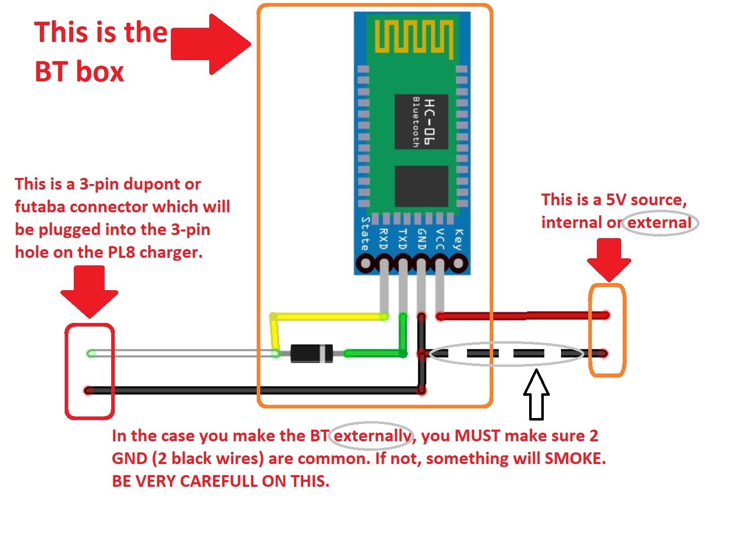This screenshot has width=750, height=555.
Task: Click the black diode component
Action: pyautogui.click(x=311, y=353)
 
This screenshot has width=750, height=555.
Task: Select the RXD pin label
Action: pyautogui.click(x=384, y=239)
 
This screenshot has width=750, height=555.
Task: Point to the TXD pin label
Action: pyautogui.click(x=402, y=239)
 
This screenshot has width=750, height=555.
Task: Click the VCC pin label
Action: pyautogui.click(x=440, y=239)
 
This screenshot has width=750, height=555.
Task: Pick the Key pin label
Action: pyautogui.click(x=458, y=239)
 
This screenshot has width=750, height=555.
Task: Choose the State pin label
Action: pyautogui.click(x=365, y=234)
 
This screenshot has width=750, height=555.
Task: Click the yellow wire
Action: pyautogui.click(x=329, y=317)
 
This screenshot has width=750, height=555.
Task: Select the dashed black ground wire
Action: pyautogui.click(x=505, y=353)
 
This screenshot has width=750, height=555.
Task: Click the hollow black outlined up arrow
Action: pyautogui.click(x=536, y=395)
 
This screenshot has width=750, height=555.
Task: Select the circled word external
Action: pyautogui.click(x=659, y=222)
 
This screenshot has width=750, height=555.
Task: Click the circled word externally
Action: pyautogui.click(x=372, y=436)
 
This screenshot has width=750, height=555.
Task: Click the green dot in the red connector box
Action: pyautogui.click(x=91, y=353)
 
